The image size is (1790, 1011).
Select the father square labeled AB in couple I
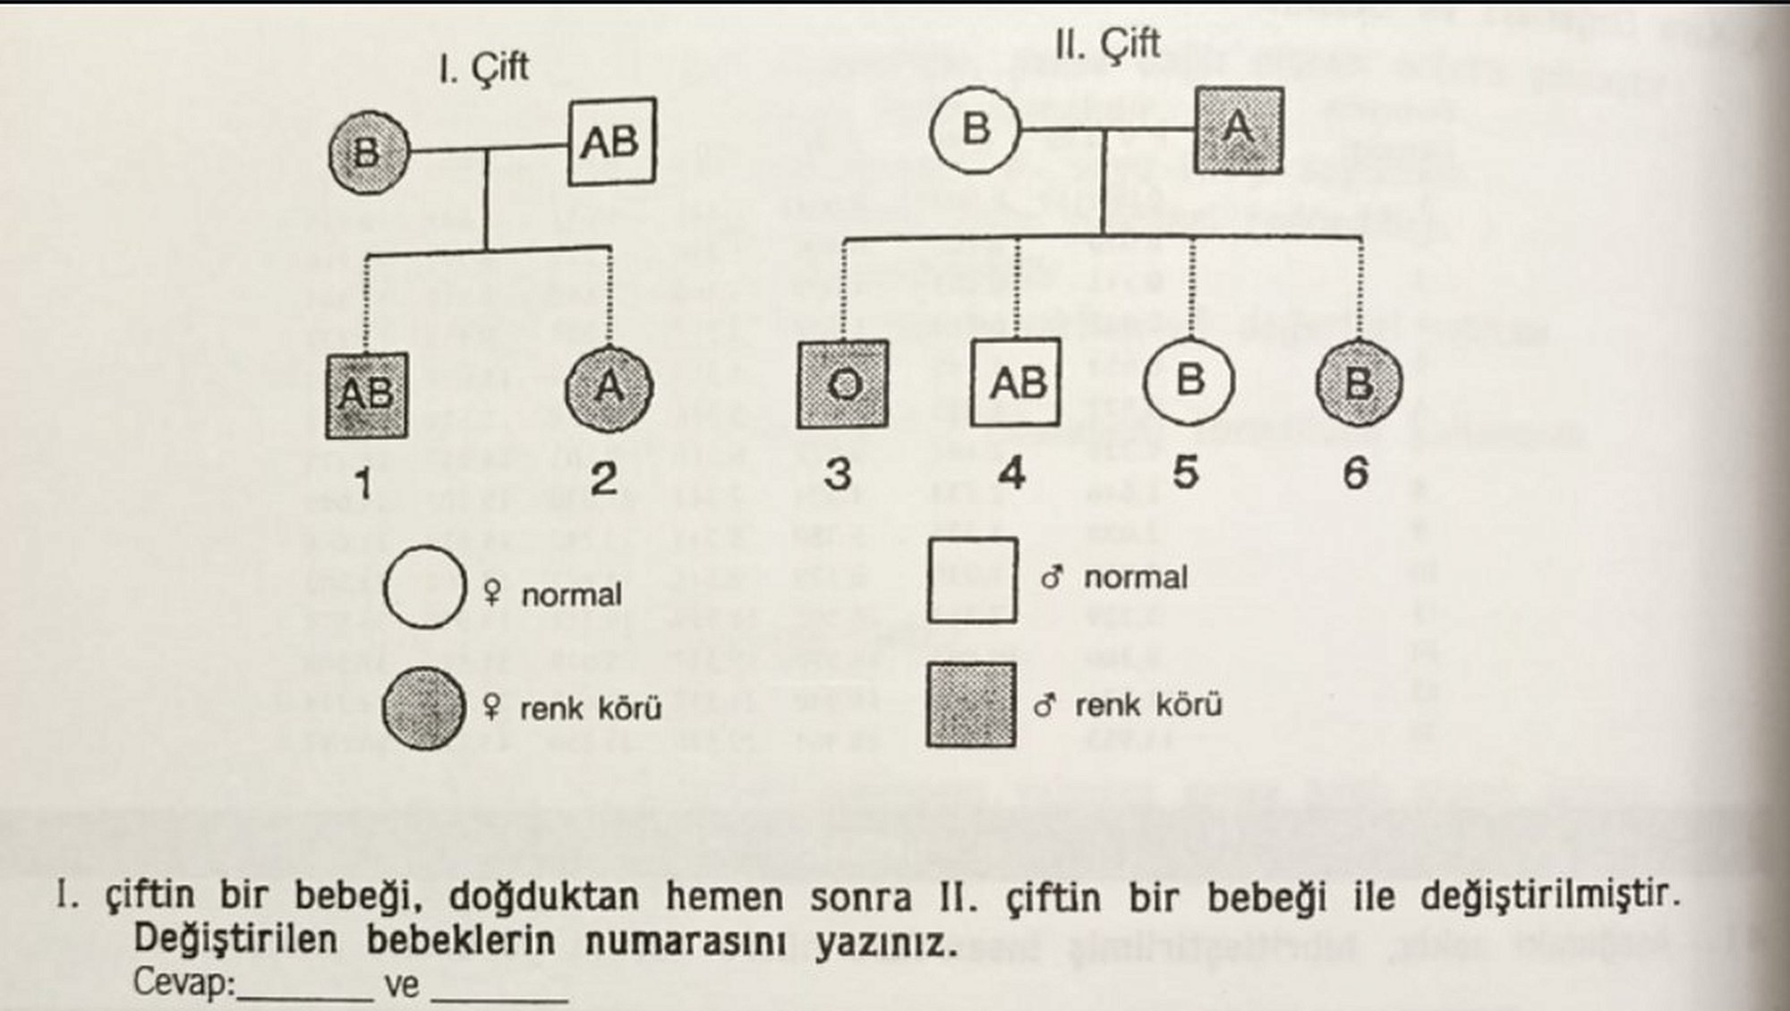612,141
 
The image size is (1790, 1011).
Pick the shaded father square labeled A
1239,131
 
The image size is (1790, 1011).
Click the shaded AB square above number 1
367,395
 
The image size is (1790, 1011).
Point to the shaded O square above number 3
842,384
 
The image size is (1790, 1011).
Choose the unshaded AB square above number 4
1016,383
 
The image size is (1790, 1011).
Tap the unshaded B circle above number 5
1189,381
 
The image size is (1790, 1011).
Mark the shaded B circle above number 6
1359,383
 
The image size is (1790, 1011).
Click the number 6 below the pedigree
1355,472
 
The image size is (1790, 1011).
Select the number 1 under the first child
362,484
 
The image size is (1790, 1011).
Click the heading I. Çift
483,68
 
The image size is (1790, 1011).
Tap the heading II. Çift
1107,44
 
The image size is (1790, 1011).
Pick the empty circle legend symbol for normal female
425,587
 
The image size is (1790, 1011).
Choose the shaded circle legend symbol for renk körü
424,708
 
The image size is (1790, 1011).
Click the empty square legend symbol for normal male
972,580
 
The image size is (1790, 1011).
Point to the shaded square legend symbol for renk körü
971,704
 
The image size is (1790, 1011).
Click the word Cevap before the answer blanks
183,982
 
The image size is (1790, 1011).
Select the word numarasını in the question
686,940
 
